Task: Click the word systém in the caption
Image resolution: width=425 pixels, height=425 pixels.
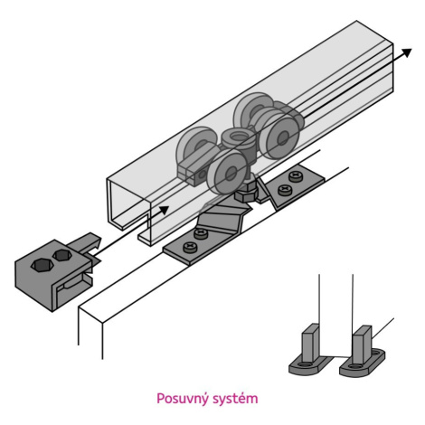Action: pos(235,399)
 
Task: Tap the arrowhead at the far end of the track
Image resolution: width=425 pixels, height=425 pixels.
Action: pos(406,52)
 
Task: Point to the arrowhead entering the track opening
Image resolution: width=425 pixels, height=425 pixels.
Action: pos(164,210)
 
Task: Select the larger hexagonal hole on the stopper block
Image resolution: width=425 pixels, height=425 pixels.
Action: pos(42,265)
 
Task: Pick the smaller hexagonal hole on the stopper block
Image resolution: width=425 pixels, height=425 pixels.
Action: pos(62,255)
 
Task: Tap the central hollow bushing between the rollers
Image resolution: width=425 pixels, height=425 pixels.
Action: pos(238,139)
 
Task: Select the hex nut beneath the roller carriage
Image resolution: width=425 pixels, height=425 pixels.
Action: pos(246,195)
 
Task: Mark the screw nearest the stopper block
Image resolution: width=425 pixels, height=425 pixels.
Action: pos(190,247)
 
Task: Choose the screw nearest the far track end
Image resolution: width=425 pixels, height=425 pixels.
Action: pos(296,176)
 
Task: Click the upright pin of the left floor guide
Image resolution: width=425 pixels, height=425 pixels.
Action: pos(310,342)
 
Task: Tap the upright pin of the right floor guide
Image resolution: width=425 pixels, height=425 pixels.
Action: pos(362,345)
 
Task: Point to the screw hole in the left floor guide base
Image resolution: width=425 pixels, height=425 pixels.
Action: pos(304,364)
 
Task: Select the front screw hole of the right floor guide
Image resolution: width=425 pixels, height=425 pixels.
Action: pos(354,366)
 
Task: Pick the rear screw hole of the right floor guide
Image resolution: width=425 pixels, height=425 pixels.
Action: pos(376,352)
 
